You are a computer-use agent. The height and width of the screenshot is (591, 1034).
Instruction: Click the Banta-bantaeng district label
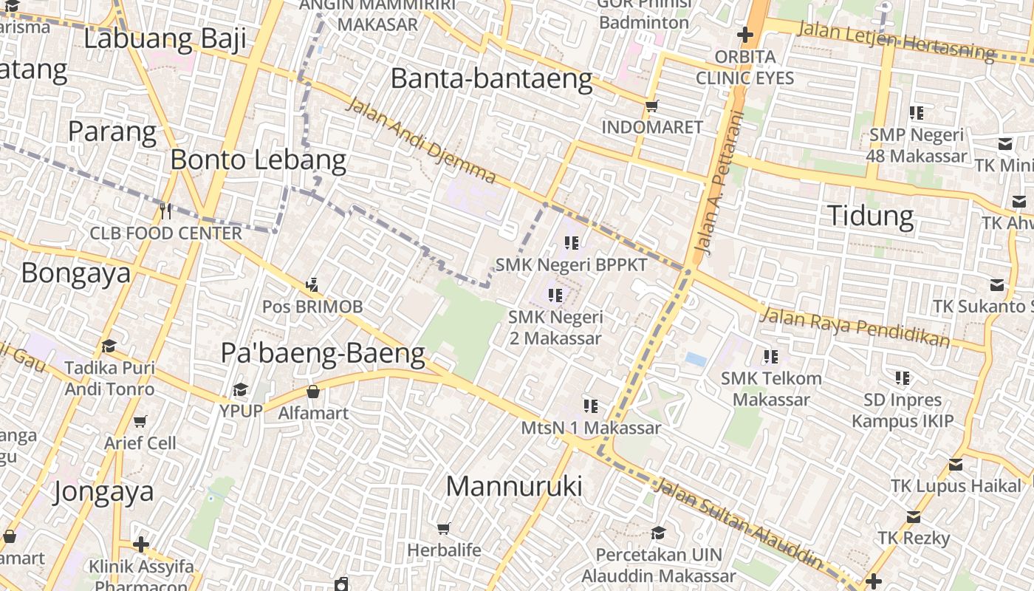pyautogui.click(x=491, y=78)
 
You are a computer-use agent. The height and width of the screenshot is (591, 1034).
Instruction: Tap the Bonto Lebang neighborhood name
pyautogui.click(x=258, y=160)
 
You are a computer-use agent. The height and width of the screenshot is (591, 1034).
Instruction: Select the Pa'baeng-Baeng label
pyautogui.click(x=323, y=354)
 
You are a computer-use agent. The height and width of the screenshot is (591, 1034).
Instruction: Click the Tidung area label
pyautogui.click(x=870, y=216)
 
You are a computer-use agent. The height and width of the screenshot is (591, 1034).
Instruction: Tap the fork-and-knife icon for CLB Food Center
pyautogui.click(x=165, y=211)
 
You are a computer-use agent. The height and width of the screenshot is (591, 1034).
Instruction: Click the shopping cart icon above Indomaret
pyautogui.click(x=651, y=106)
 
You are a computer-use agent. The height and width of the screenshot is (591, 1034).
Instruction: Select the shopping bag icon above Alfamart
pyautogui.click(x=313, y=392)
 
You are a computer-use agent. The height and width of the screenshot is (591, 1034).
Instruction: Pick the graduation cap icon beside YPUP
pyautogui.click(x=240, y=389)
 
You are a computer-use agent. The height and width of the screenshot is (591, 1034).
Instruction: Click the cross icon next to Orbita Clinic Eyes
pyautogui.click(x=744, y=35)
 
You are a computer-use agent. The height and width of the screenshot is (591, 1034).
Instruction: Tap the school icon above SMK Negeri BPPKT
pyautogui.click(x=571, y=242)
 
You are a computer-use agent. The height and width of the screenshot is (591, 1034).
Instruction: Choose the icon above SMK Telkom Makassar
pyautogui.click(x=771, y=357)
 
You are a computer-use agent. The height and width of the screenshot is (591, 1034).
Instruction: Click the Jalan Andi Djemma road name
pyautogui.click(x=420, y=140)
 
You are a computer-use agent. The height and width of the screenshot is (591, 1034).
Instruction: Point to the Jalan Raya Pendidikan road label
pyautogui.click(x=855, y=327)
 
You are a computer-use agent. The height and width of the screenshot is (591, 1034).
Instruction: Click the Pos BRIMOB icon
pyautogui.click(x=312, y=284)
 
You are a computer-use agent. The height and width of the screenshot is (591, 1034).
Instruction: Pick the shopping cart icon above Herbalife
pyautogui.click(x=444, y=528)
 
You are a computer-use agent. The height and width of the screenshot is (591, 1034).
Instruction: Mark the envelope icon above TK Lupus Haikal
pyautogui.click(x=956, y=465)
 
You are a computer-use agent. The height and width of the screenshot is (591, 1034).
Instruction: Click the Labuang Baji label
pyautogui.click(x=165, y=38)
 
